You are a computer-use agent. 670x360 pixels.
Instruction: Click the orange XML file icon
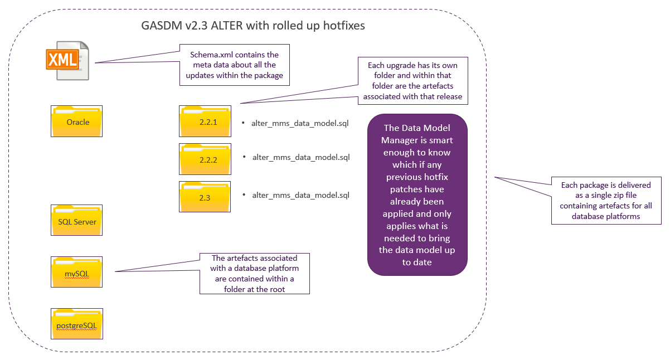coord(67,60)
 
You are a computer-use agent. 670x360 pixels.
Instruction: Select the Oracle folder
coord(76,121)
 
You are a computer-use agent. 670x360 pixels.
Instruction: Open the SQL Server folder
coord(76,220)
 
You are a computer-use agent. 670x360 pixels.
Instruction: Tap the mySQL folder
coord(76,272)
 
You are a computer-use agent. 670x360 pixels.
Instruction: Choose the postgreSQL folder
coord(77,324)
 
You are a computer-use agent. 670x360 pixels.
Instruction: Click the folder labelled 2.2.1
coord(205,121)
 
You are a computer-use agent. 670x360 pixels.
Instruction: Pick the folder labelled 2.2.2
coord(205,159)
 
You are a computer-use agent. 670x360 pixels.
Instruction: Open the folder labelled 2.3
coord(205,197)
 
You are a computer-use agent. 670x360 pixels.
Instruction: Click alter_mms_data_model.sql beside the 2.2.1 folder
coord(300,124)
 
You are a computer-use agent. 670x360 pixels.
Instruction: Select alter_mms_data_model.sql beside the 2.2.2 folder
coord(301,158)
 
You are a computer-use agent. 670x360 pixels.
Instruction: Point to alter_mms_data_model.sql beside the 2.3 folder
coord(300,196)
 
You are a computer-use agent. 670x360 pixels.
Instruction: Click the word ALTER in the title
coord(227,26)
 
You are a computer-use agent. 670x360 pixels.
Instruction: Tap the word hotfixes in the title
coord(344,26)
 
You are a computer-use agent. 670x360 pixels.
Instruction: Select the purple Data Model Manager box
coord(417,194)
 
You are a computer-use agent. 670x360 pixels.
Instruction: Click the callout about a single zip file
coord(606,200)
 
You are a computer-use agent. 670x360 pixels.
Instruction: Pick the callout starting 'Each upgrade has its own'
coord(413,81)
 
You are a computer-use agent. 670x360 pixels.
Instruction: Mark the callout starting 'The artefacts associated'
coord(255,274)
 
